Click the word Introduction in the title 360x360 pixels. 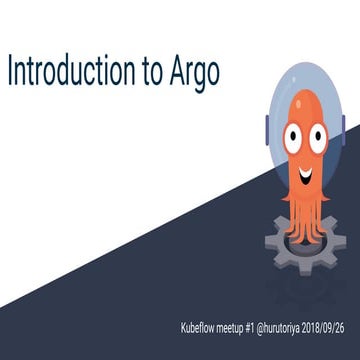[74, 72]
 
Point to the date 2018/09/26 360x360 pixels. [335, 327]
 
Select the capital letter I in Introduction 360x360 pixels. [10, 71]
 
